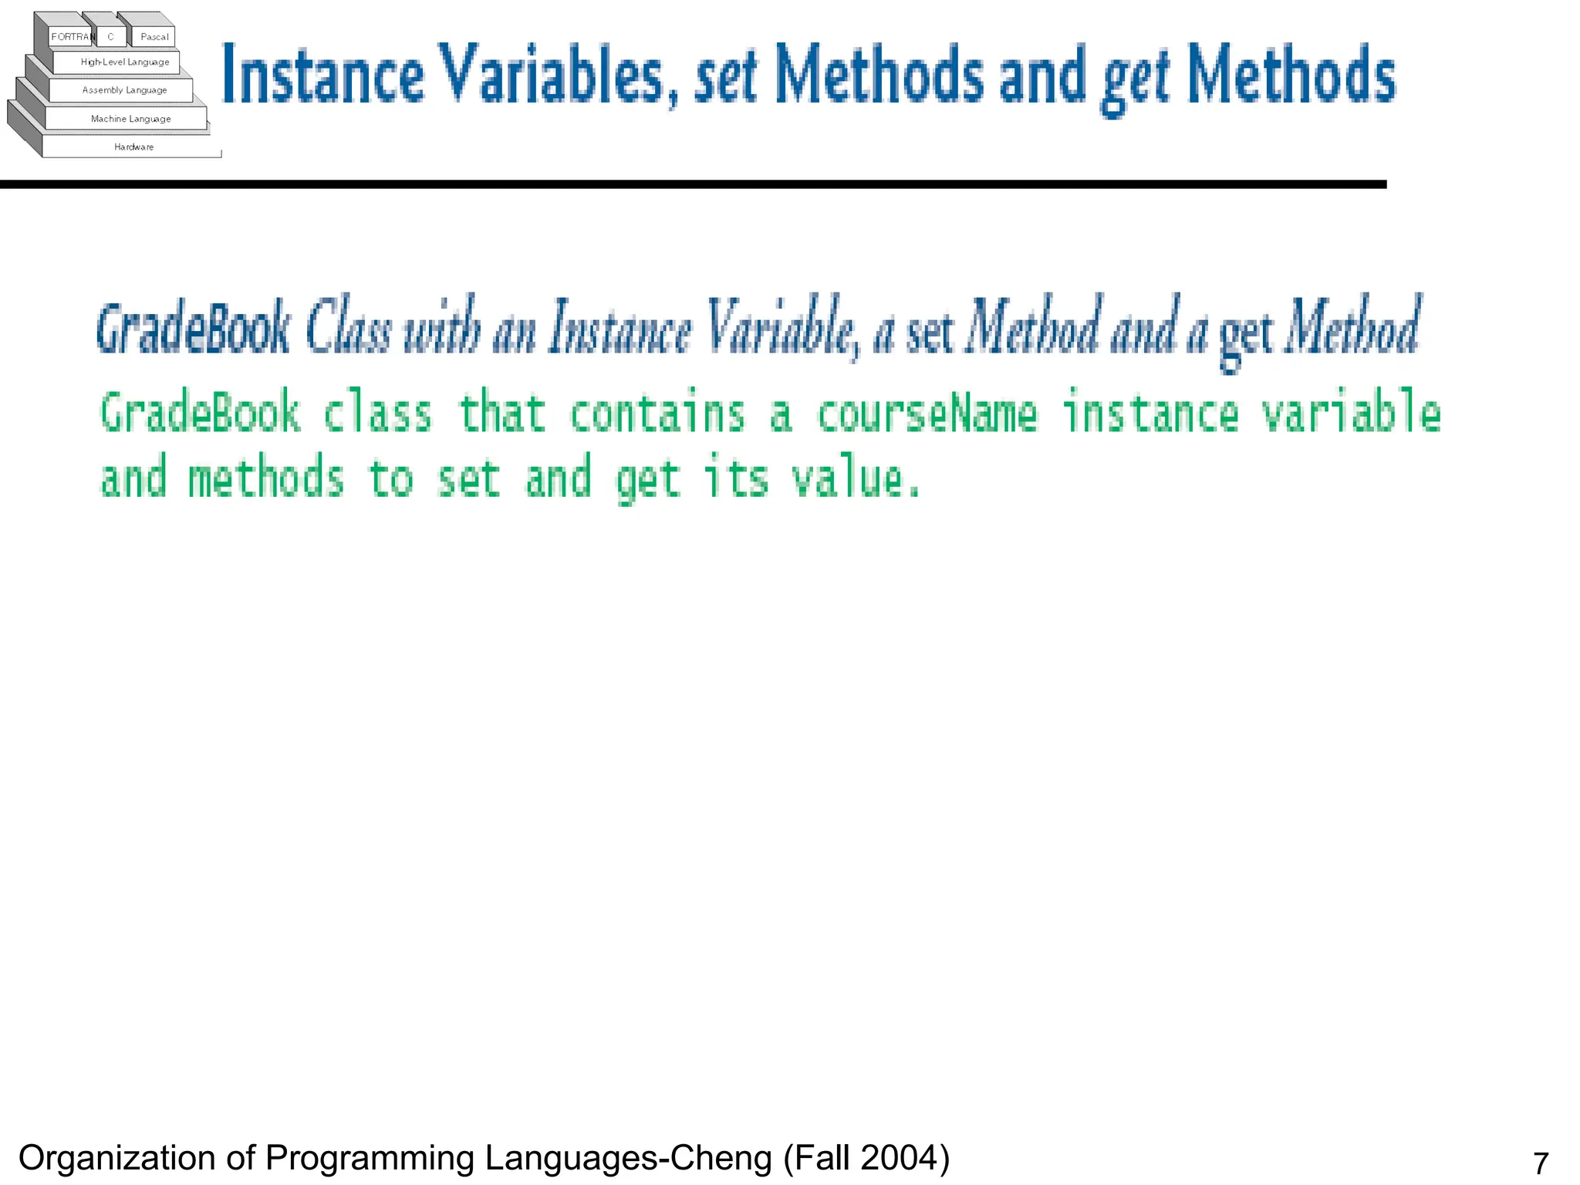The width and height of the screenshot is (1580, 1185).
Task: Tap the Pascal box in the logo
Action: coord(154,37)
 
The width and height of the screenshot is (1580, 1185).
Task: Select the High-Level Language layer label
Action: coord(125,62)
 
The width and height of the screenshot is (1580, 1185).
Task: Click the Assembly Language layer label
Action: coord(124,90)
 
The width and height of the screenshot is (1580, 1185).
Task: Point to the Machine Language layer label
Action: coord(130,119)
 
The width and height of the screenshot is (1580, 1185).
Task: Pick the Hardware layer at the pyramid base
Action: coord(133,147)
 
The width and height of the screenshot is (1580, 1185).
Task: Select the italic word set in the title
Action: coord(725,77)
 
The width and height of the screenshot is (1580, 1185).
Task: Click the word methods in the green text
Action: coord(266,478)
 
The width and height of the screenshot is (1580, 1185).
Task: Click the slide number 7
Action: coord(1541,1163)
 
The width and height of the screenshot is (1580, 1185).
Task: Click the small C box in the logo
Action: coord(111,37)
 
